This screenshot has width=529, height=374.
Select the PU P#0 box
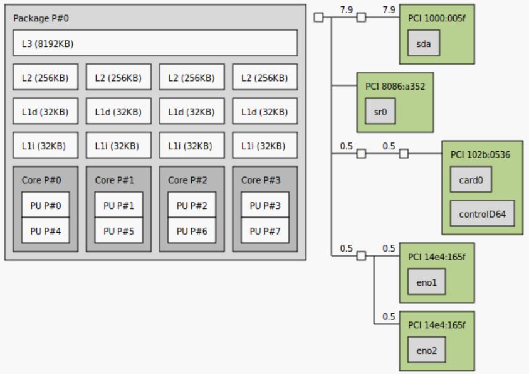pos(45,205)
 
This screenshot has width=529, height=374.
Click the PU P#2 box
pos(191,205)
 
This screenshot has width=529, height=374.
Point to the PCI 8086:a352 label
pos(395,86)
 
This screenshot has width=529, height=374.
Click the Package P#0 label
pos(41,18)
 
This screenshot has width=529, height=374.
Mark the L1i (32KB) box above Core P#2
pos(191,146)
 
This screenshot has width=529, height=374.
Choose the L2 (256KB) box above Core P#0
pos(45,78)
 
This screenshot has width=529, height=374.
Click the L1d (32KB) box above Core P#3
pos(264,112)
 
